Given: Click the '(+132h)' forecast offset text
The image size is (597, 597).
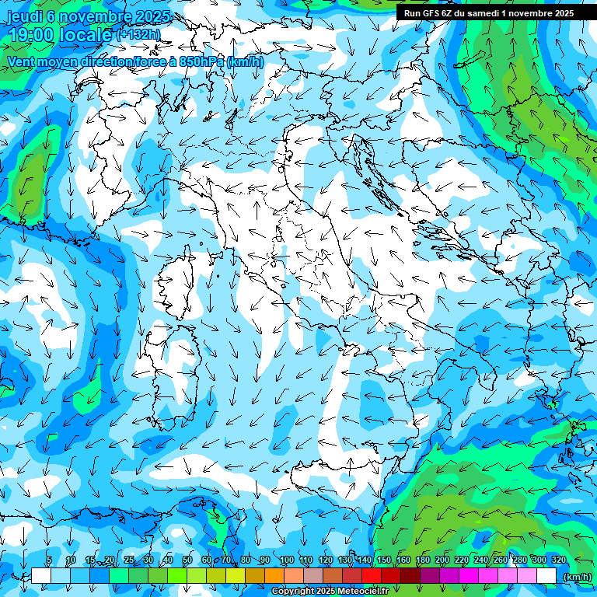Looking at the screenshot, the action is coord(138,34).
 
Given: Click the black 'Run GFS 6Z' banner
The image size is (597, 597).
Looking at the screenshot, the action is coord(488,12).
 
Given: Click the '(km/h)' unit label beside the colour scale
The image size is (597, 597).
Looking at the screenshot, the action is coord(576,577).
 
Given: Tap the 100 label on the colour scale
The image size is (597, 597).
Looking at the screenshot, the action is coord(286,560).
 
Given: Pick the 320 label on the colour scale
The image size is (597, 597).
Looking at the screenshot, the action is coord(559,560).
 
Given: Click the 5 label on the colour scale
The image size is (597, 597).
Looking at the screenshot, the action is coord(49,560).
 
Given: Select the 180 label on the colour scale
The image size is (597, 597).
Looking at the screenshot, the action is coord(422,560).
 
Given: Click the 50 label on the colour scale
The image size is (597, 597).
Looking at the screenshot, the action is coord(187,560).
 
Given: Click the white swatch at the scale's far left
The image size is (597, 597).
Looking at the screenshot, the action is coord(41,576).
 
